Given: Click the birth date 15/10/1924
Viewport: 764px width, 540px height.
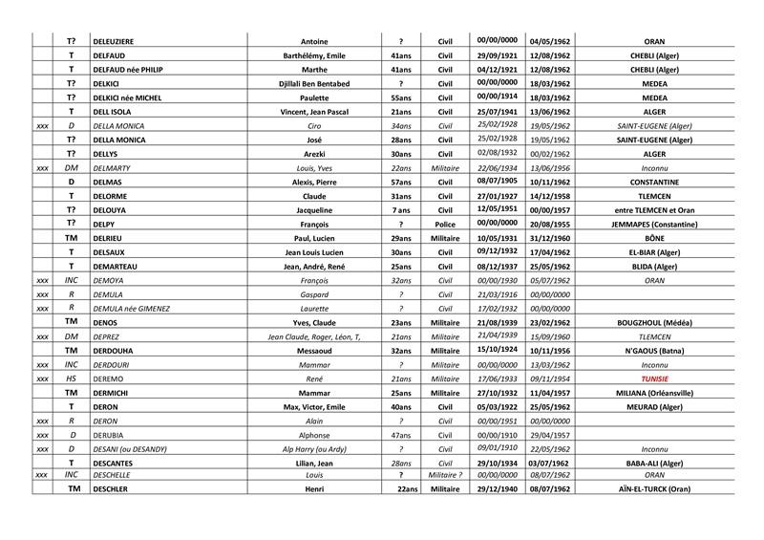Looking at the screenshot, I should click(496, 350).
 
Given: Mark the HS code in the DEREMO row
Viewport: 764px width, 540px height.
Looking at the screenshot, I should click(71, 378).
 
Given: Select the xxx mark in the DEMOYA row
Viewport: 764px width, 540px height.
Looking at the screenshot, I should click(41, 281).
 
